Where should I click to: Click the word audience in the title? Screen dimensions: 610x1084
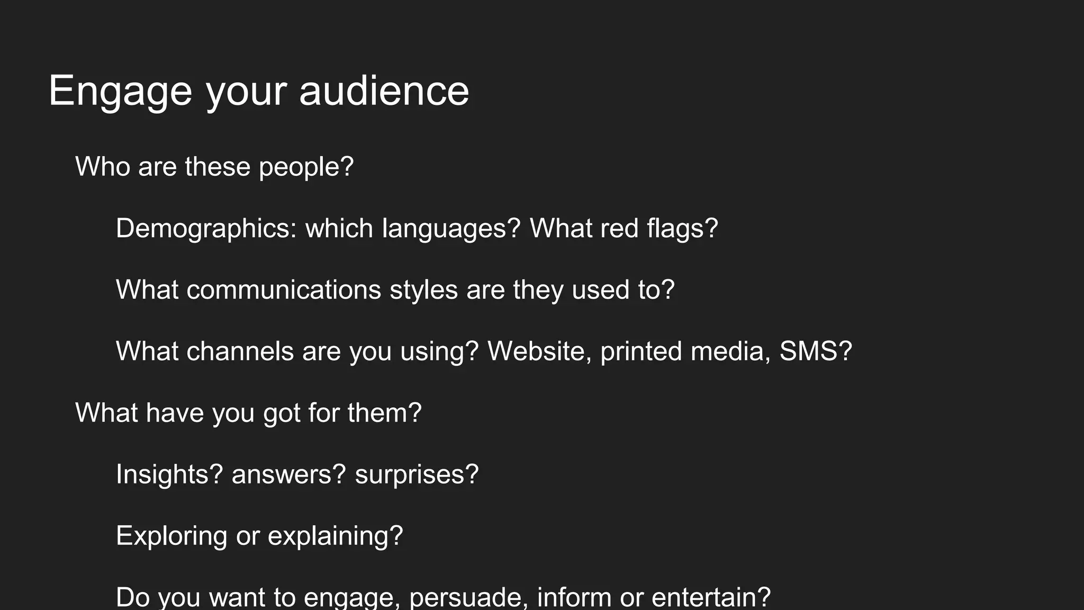pyautogui.click(x=384, y=91)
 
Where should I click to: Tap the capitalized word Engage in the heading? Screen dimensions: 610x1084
pyautogui.click(x=120, y=91)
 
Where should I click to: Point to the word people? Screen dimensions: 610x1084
pyautogui.click(x=306, y=168)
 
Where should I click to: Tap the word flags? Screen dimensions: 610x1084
pyautogui.click(x=682, y=229)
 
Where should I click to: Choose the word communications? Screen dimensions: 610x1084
pyautogui.click(x=284, y=290)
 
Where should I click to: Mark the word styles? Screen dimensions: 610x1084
pyautogui.click(x=423, y=290)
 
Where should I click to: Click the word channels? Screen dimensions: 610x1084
pyautogui.click(x=240, y=352)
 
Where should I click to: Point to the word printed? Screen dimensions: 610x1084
pyautogui.click(x=641, y=352)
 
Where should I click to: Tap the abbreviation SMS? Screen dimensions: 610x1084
pyautogui.click(x=816, y=352)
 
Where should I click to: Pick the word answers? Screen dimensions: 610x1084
pyautogui.click(x=288, y=474)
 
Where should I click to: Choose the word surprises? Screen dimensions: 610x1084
pyautogui.click(x=417, y=474)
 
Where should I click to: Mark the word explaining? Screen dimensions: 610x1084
pyautogui.click(x=336, y=536)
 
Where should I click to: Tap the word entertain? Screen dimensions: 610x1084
pyautogui.click(x=711, y=597)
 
